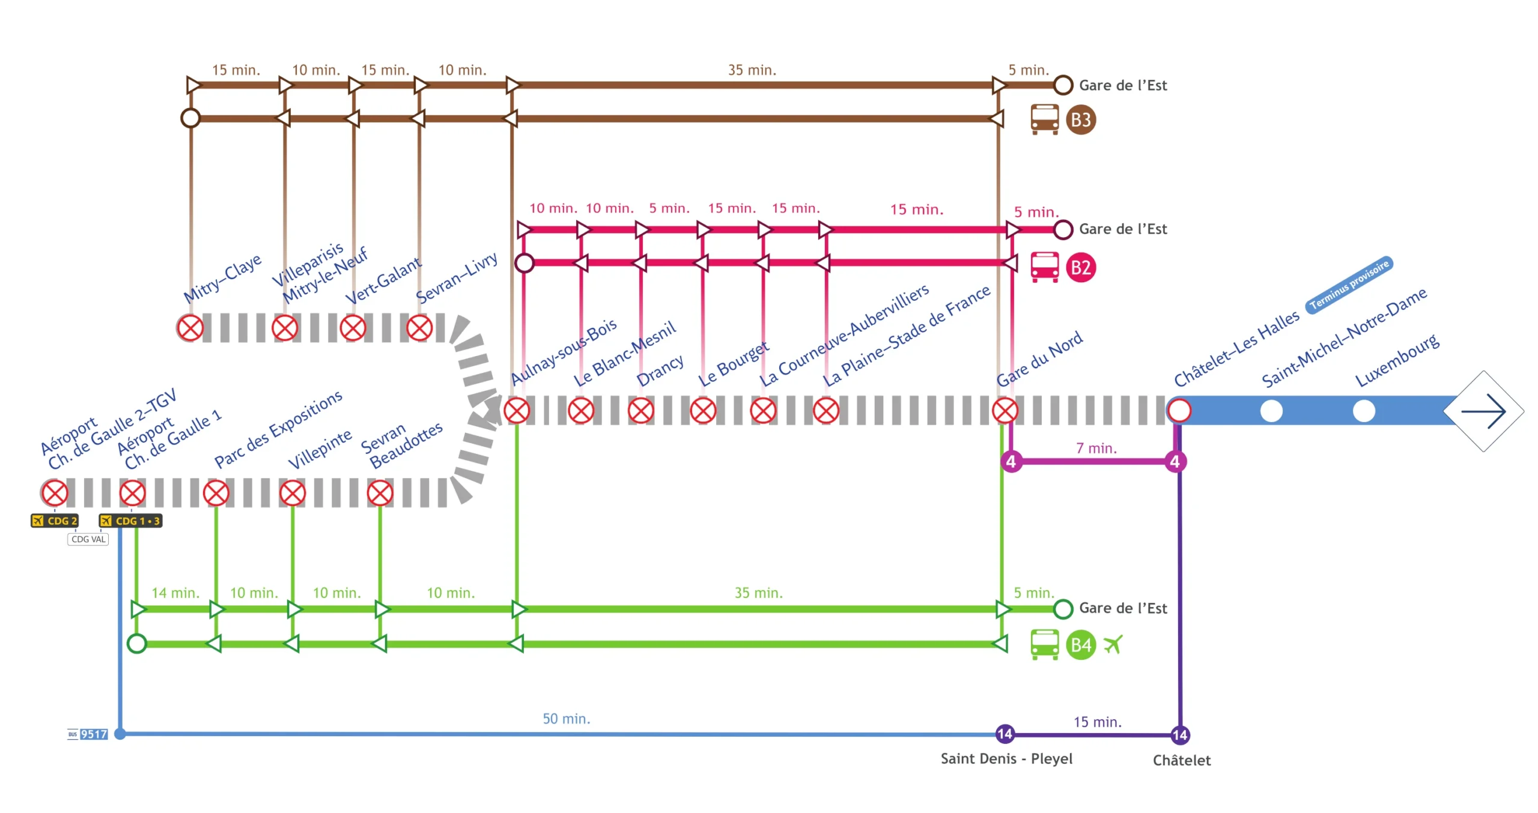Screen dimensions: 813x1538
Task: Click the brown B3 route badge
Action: point(1080,119)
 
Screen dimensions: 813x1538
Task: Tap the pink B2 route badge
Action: point(1080,267)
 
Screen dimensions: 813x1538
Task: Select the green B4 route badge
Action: point(1080,645)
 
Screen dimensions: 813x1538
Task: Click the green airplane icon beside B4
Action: point(1113,645)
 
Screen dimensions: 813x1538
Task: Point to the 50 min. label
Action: point(566,719)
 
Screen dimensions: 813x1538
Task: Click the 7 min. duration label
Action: point(1096,448)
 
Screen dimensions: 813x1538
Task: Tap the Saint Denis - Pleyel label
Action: point(1006,758)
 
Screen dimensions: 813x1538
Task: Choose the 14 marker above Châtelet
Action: point(1179,734)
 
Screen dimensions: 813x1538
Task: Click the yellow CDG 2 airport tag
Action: point(55,521)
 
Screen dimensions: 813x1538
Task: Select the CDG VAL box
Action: point(88,539)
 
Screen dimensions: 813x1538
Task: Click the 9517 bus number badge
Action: point(94,734)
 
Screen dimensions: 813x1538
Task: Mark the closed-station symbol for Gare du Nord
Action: point(1005,411)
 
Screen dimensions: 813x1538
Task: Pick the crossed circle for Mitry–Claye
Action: point(190,328)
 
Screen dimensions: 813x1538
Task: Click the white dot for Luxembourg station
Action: point(1363,411)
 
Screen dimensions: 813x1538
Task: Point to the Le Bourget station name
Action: point(732,364)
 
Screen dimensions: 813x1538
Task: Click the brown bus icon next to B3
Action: point(1044,119)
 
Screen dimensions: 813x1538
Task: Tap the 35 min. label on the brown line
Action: point(752,70)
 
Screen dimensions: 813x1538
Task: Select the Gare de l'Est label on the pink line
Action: point(1122,229)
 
